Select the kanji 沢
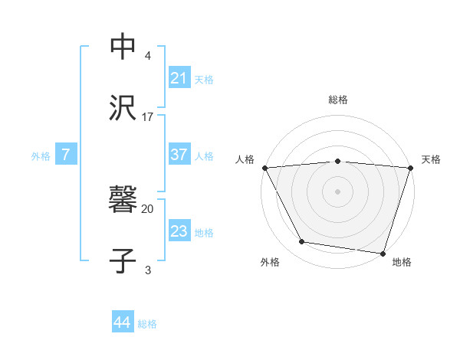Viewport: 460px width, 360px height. point(123,108)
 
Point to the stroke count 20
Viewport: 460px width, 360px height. point(147,208)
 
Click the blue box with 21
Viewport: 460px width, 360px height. point(179,78)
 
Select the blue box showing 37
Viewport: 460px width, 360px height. point(179,155)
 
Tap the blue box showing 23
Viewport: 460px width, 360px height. point(179,231)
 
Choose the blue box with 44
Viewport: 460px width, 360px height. point(123,323)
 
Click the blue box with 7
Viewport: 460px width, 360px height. point(66,155)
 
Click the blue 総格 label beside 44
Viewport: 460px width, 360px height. point(147,324)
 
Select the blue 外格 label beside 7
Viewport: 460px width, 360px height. point(41,155)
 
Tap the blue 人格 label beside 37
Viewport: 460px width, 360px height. point(204,155)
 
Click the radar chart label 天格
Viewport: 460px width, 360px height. point(431,159)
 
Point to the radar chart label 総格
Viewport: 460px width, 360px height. point(337,100)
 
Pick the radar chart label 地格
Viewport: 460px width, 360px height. point(402,262)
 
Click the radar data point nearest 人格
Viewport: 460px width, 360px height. point(264,168)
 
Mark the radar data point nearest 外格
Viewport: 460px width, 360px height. point(302,242)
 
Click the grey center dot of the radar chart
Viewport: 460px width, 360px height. point(337,191)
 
